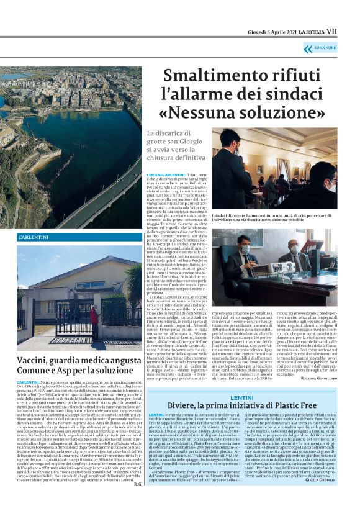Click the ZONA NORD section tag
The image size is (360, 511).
[326, 48]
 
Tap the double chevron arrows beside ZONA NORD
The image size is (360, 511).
[308, 48]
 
